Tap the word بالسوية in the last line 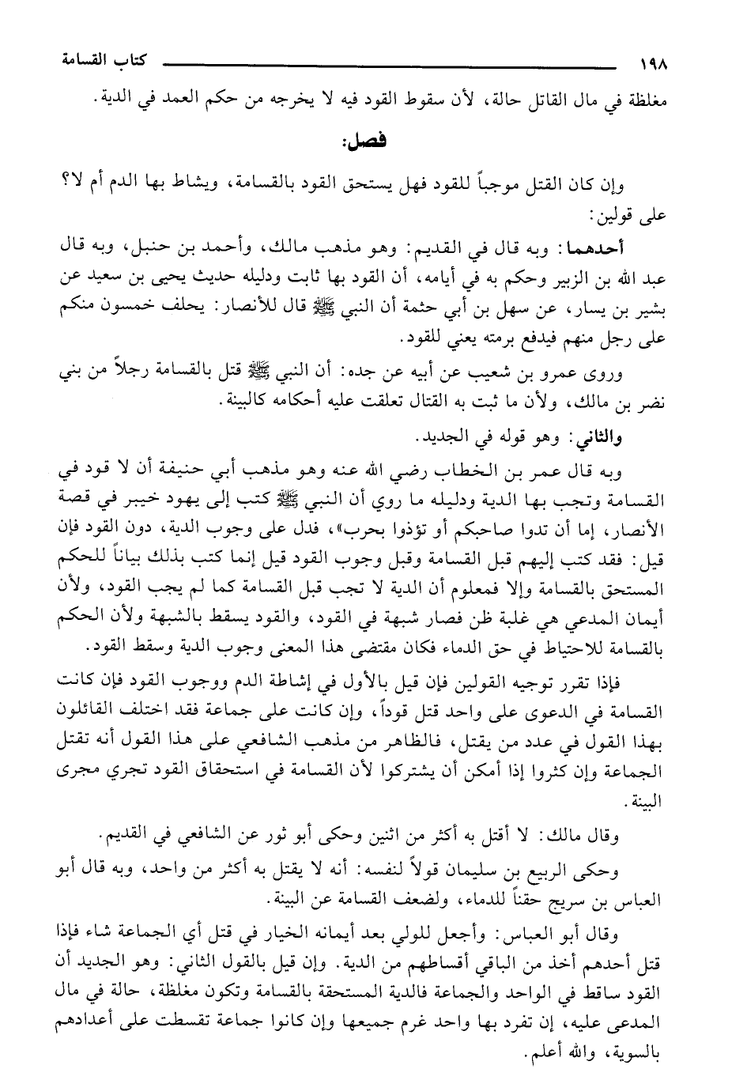[x=633, y=1054]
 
